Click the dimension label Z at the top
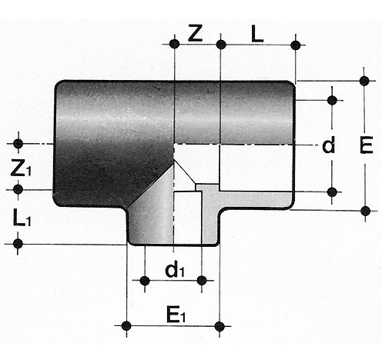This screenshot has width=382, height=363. coord(196,33)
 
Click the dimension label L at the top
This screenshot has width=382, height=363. coord(257,34)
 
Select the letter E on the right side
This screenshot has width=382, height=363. coord(367,145)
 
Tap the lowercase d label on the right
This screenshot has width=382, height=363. coord(329,145)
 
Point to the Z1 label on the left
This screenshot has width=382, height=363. coord(21,168)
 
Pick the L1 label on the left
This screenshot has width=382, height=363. coord(22,218)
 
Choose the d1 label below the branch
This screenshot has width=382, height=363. coord(175,270)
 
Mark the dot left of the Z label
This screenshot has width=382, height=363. coord(175,44)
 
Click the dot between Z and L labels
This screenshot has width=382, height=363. coord(221,44)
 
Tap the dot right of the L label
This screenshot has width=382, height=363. coord(296,45)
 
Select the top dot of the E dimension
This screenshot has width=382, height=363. coord(364,81)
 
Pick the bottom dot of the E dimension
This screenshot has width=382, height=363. coord(365,211)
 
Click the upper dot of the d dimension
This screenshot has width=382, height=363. coord(332,100)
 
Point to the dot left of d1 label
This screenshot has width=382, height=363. coord(145,281)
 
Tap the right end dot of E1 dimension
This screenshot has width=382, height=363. coord(219,326)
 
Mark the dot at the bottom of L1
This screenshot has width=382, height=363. coord(18,244)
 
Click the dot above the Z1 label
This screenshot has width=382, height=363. coord(18,144)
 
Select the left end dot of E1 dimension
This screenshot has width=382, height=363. coord(126,326)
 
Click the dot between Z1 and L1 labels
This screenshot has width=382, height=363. coord(18,189)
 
